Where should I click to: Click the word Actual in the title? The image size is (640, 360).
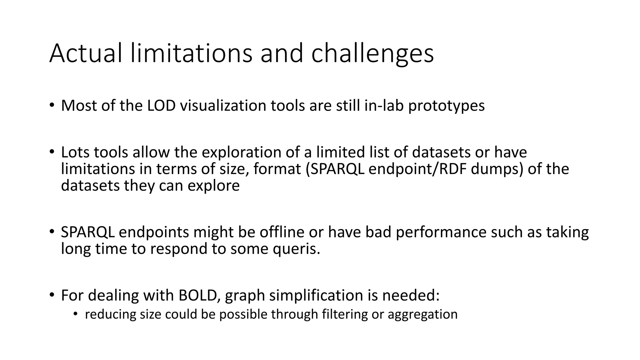pos(85,53)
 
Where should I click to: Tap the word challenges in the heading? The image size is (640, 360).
pos(372,53)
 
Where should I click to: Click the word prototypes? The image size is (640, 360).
pos(446,106)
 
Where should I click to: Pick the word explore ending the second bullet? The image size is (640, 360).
pos(213,186)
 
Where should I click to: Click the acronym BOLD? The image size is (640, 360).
pos(197,295)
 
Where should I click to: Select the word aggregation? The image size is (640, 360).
pos(422,314)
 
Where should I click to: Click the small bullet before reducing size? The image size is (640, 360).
pos(75,314)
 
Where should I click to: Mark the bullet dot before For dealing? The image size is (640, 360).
pos(52,295)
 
